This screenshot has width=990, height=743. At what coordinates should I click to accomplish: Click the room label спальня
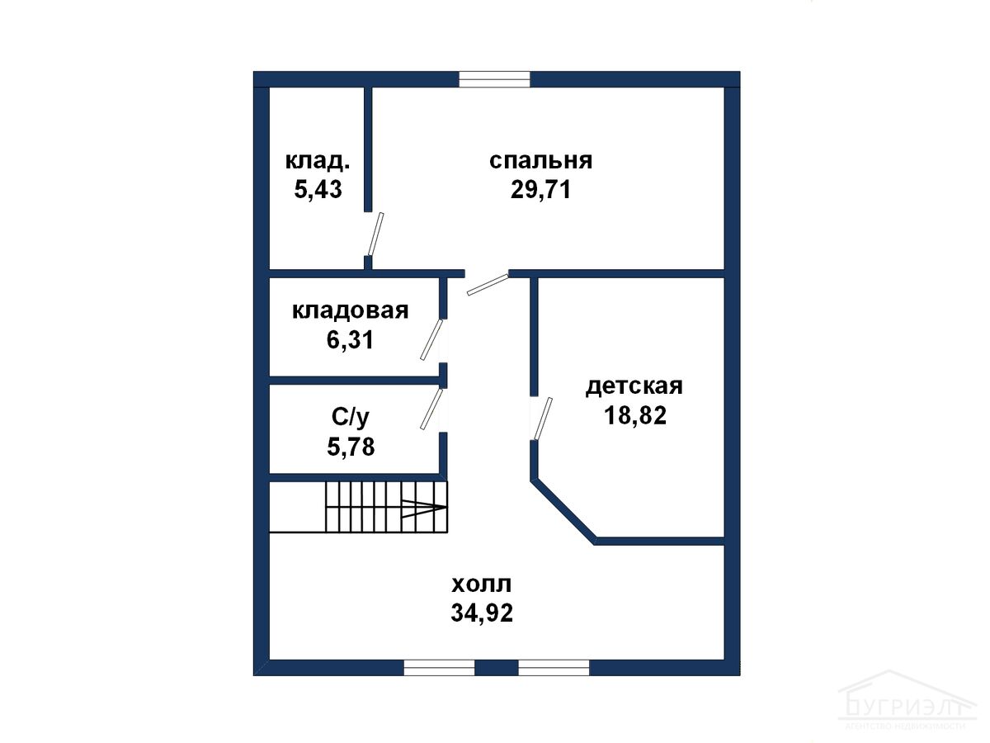(540, 161)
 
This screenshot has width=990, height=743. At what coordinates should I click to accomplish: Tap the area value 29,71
(540, 190)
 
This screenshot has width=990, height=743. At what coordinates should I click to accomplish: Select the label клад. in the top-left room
(318, 161)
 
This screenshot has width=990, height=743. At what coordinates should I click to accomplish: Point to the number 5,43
(318, 189)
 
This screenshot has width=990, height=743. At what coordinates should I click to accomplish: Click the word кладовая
(351, 311)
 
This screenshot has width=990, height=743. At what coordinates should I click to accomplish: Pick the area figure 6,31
(351, 339)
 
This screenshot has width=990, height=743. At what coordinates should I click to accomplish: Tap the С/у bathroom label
(351, 417)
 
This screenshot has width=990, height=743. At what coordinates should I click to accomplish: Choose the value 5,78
(351, 447)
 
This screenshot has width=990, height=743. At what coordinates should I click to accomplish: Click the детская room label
(634, 386)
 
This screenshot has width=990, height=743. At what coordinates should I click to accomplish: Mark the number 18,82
(635, 415)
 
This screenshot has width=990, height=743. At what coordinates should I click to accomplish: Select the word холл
(482, 584)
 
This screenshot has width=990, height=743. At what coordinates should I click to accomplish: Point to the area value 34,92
(482, 613)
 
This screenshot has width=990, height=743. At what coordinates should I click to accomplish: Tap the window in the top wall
(495, 79)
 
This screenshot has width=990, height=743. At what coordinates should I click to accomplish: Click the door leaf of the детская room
(543, 419)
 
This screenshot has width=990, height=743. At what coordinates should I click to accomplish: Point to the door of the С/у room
(431, 409)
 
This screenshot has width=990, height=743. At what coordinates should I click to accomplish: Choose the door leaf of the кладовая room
(431, 339)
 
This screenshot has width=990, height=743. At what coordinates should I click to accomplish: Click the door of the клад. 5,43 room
(375, 234)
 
